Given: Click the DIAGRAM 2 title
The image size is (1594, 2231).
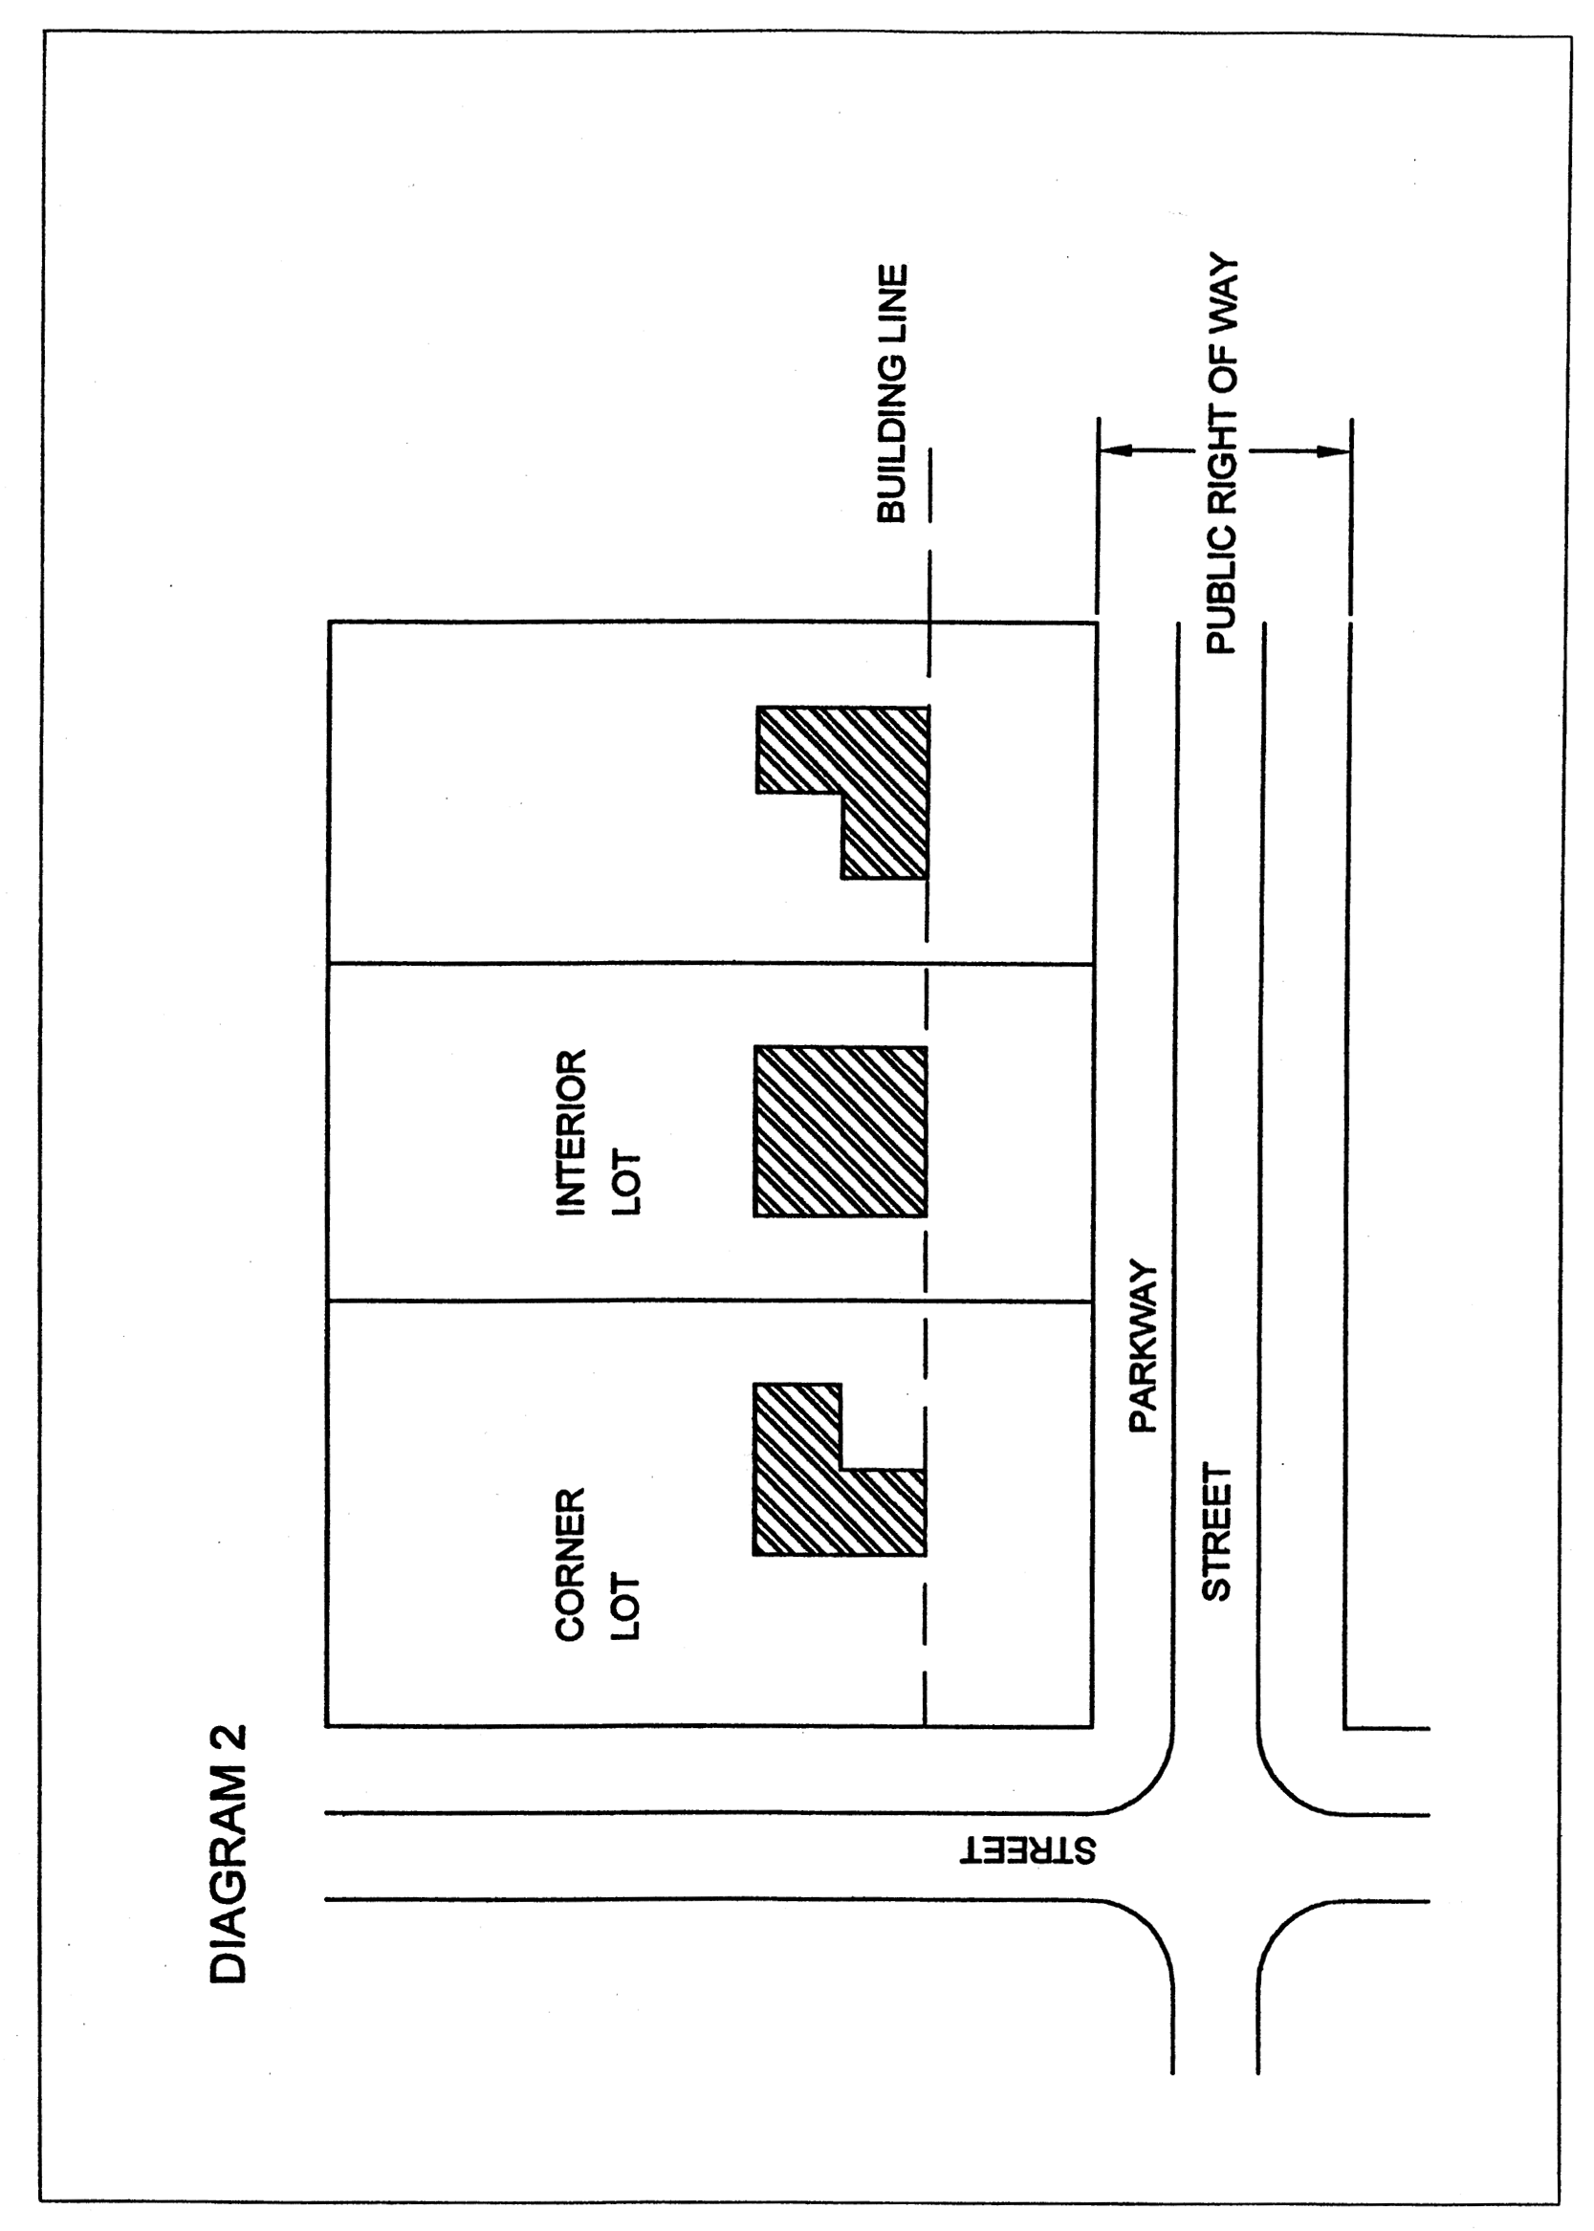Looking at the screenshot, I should (x=229, y=1854).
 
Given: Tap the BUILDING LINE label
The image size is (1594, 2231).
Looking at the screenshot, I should (x=891, y=393).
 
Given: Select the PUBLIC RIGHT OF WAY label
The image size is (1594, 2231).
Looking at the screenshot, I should (x=1222, y=456).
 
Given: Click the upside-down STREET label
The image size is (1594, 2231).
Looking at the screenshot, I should (x=1027, y=1851).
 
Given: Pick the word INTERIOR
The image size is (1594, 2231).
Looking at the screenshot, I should (x=570, y=1132).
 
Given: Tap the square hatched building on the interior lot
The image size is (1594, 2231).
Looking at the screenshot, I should (x=841, y=1131).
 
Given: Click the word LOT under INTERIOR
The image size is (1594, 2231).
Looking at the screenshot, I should (x=625, y=1183).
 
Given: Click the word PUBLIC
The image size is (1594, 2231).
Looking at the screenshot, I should (x=1222, y=595).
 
